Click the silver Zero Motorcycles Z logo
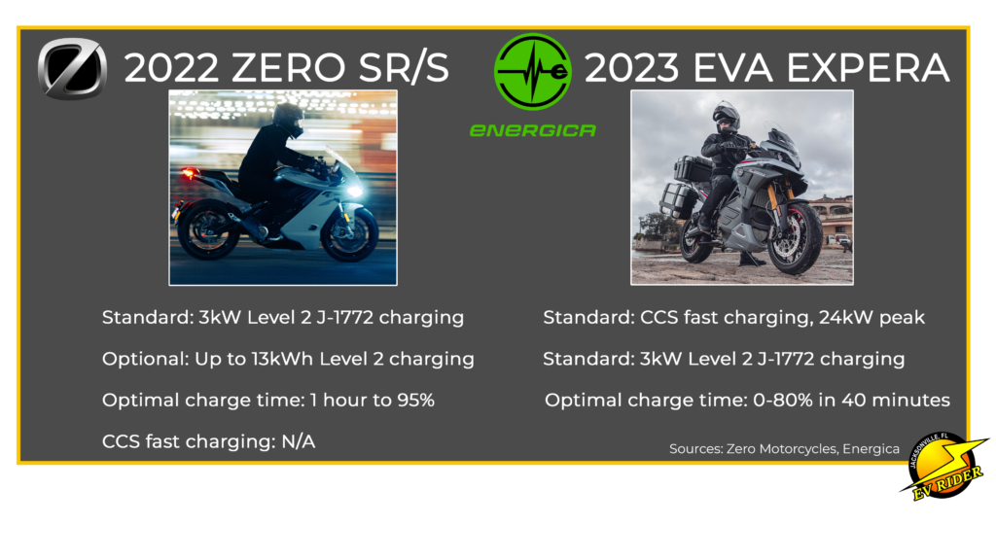click(72, 69)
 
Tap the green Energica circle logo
click(532, 72)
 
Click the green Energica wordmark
click(532, 130)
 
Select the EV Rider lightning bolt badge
click(944, 466)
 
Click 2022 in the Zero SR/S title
click(171, 68)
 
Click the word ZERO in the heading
click(288, 68)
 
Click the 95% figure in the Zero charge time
click(415, 400)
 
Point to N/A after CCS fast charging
click(298, 441)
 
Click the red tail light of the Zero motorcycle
click(188, 173)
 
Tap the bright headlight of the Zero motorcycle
click(354, 190)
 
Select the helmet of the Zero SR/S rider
click(288, 120)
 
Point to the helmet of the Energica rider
click(727, 118)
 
